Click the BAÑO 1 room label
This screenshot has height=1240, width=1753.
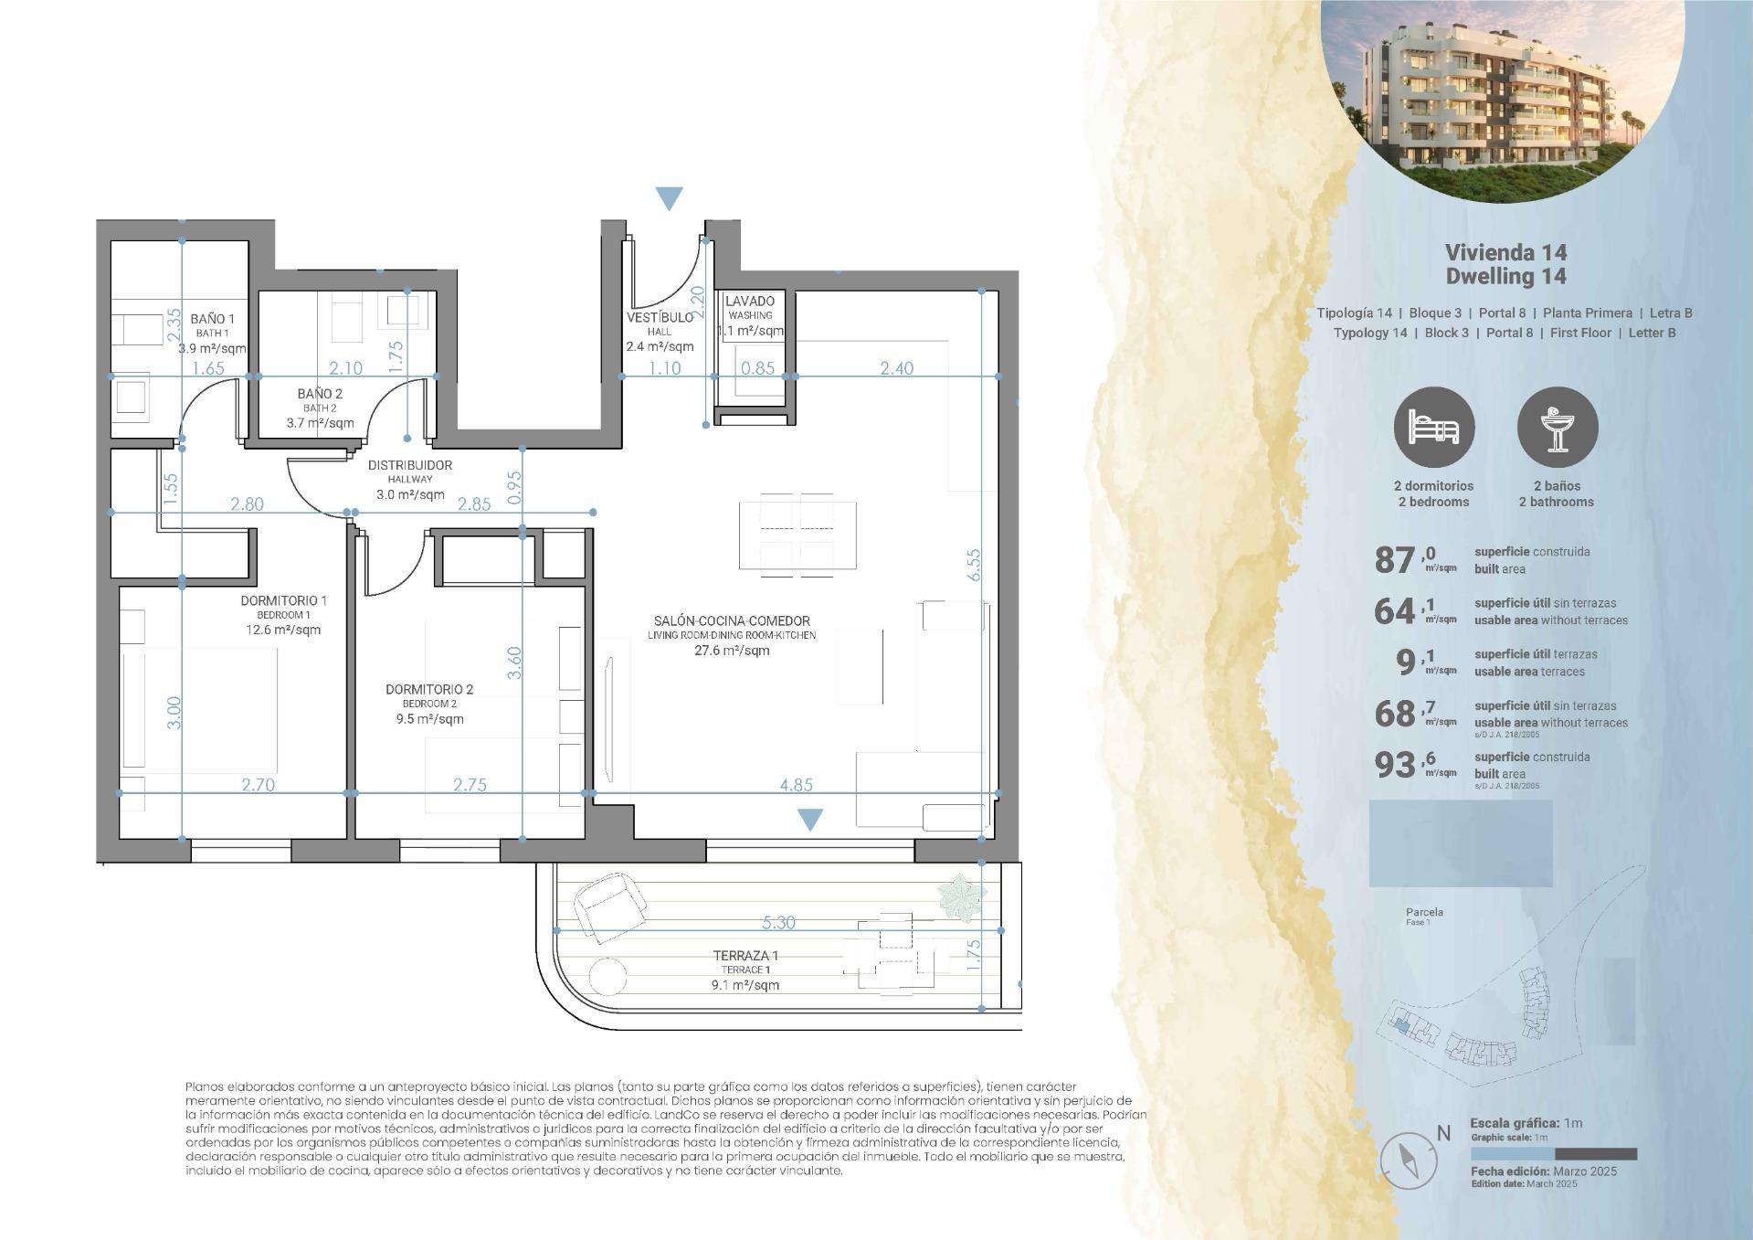[212, 319]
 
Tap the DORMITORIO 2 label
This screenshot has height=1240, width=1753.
[429, 690]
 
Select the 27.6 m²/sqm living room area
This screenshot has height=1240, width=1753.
[732, 651]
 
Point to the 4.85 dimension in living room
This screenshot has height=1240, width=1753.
[796, 784]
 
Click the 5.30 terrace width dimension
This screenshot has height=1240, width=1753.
[777, 922]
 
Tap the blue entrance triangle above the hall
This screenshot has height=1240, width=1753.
[669, 197]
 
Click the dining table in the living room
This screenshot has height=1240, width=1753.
[797, 535]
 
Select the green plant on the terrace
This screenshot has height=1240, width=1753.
[961, 895]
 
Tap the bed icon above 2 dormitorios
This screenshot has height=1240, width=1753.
[1433, 428]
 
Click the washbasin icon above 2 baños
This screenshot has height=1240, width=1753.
[1557, 428]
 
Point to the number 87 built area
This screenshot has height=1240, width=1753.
[1395, 559]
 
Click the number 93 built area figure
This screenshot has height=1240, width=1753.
[1395, 764]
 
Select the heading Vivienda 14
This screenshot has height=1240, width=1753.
[1505, 252]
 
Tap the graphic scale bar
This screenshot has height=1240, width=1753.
[1553, 1154]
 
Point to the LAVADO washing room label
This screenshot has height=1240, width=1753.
[749, 301]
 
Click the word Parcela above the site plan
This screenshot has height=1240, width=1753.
[1424, 912]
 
